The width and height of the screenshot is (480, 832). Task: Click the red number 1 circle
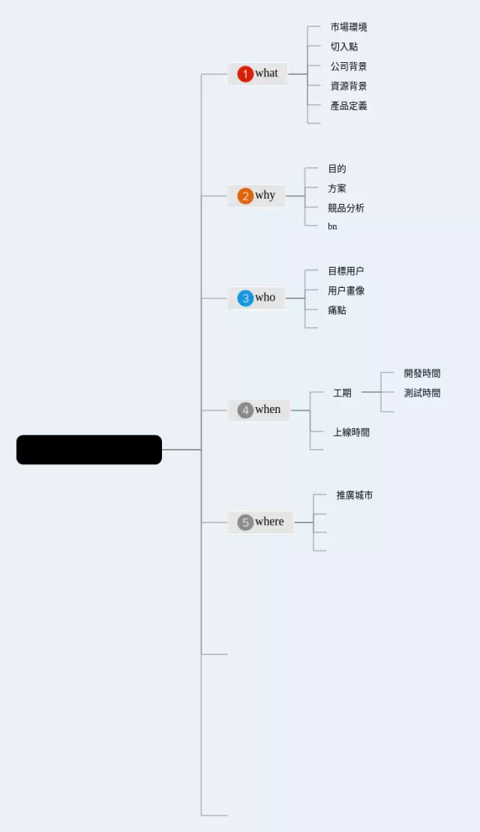[x=245, y=73]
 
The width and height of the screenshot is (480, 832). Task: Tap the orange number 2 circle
[x=245, y=196]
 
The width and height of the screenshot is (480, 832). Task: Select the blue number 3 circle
[x=245, y=298]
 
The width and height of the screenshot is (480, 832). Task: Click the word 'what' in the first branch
[x=266, y=73]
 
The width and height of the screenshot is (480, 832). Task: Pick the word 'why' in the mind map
[x=265, y=196]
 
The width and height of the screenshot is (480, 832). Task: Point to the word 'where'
[x=269, y=522]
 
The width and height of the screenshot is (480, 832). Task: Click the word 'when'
[x=268, y=409]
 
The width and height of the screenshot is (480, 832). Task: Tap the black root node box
[x=89, y=450]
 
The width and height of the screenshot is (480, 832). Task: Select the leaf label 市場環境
[x=349, y=27]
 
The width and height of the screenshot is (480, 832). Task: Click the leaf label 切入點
[x=344, y=46]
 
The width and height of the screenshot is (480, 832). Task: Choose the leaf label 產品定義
[x=349, y=106]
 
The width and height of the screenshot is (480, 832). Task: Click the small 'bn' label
[x=332, y=226]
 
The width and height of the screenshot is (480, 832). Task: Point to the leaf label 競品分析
[x=346, y=208]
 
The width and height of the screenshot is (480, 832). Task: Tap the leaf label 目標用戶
[x=346, y=271]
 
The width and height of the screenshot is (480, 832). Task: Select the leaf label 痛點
[x=337, y=310]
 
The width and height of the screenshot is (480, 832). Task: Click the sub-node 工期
[x=342, y=393]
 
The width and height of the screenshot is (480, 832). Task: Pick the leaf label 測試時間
[x=422, y=393]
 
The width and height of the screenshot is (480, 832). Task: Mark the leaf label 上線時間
[x=352, y=432]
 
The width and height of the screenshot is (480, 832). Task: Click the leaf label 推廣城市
[x=355, y=495]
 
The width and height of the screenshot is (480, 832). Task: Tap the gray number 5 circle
[x=245, y=522]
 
